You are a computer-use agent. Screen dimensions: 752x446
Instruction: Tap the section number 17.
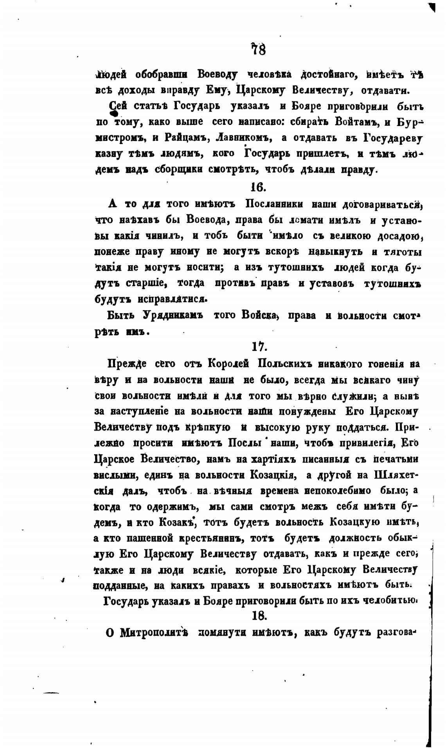[259, 346]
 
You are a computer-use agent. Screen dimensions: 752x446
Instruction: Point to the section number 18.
[259, 615]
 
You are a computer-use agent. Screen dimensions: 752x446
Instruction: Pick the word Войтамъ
[356, 122]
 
